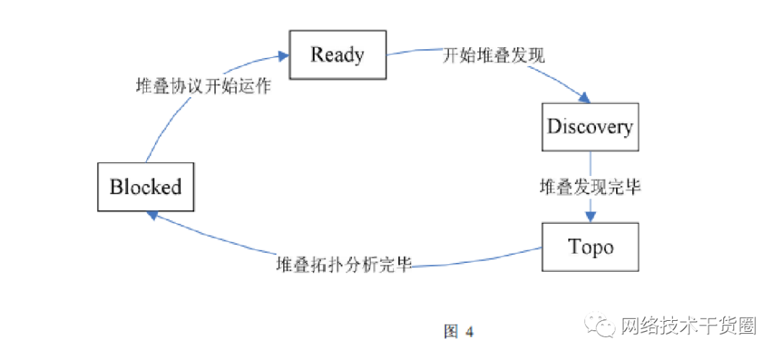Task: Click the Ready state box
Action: [x=337, y=54]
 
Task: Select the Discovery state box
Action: [x=590, y=127]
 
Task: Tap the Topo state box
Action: [x=590, y=246]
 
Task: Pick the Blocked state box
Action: [x=146, y=187]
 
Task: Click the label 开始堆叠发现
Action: [x=494, y=56]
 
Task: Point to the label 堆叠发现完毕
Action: [x=590, y=187]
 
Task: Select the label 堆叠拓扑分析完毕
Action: [x=344, y=264]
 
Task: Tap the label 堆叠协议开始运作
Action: [x=203, y=85]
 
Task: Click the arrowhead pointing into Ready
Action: [x=283, y=54]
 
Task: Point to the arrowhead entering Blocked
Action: [x=151, y=214]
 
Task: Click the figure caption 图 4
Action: [x=458, y=332]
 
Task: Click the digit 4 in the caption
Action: [x=469, y=332]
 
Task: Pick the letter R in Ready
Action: [x=317, y=54]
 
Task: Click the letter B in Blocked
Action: [x=117, y=187]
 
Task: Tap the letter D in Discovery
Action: [x=555, y=127]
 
